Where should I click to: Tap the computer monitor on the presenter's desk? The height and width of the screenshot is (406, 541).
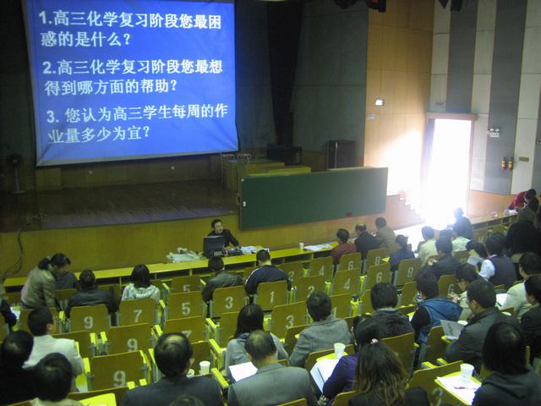214,245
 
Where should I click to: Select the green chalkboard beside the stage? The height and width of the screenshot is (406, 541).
314,197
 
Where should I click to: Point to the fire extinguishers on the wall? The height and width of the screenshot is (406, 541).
507,163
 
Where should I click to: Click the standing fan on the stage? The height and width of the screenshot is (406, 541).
15,173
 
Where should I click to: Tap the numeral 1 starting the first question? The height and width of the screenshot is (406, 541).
43,19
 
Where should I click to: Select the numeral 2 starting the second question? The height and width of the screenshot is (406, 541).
47,68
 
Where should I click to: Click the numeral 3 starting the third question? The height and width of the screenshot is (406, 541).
51,117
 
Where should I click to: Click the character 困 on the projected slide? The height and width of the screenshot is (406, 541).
214,22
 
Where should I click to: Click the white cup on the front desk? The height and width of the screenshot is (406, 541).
301,246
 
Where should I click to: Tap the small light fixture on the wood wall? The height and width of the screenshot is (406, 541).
380,101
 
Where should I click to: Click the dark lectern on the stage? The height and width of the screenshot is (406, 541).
341,154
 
